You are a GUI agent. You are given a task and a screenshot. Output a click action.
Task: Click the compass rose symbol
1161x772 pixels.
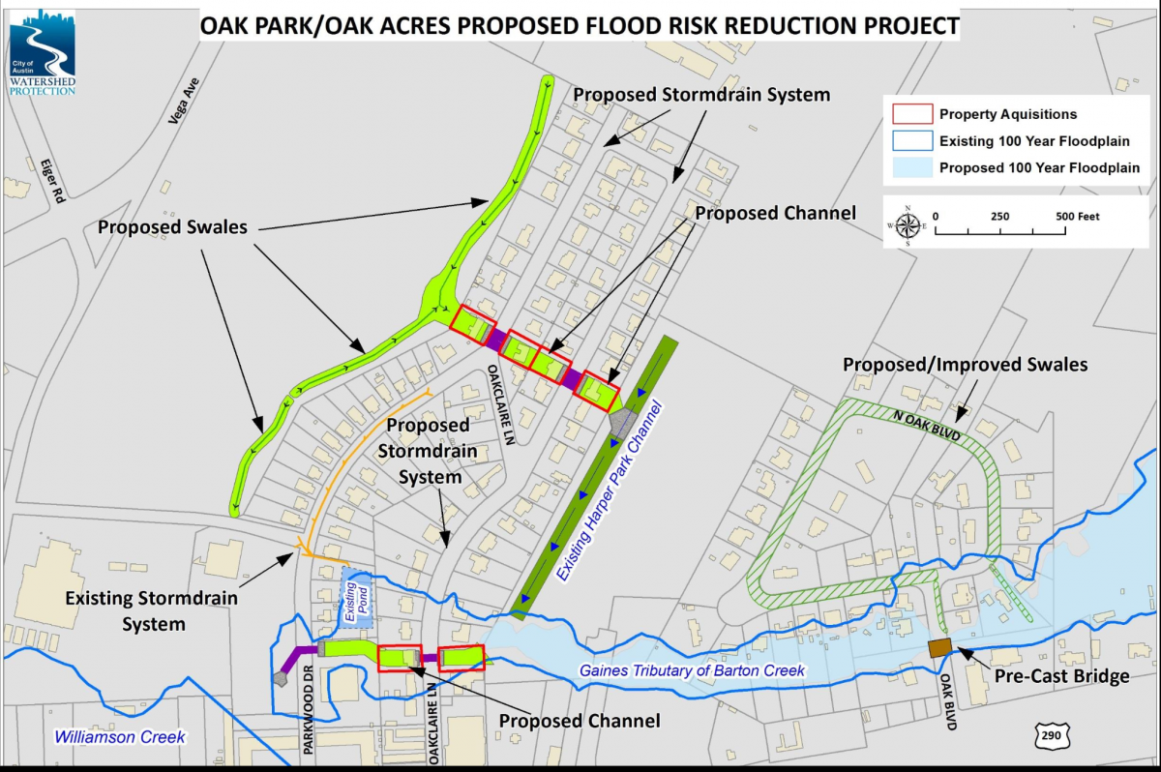(908, 225)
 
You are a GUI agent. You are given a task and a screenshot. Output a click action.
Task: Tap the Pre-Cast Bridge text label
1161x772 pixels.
(1062, 676)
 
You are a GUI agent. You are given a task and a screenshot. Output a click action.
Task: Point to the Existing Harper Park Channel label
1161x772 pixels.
(611, 494)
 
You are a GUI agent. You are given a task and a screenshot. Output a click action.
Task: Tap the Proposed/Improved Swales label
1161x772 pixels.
(965, 365)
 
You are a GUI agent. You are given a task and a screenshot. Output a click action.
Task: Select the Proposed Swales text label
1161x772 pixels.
(171, 227)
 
